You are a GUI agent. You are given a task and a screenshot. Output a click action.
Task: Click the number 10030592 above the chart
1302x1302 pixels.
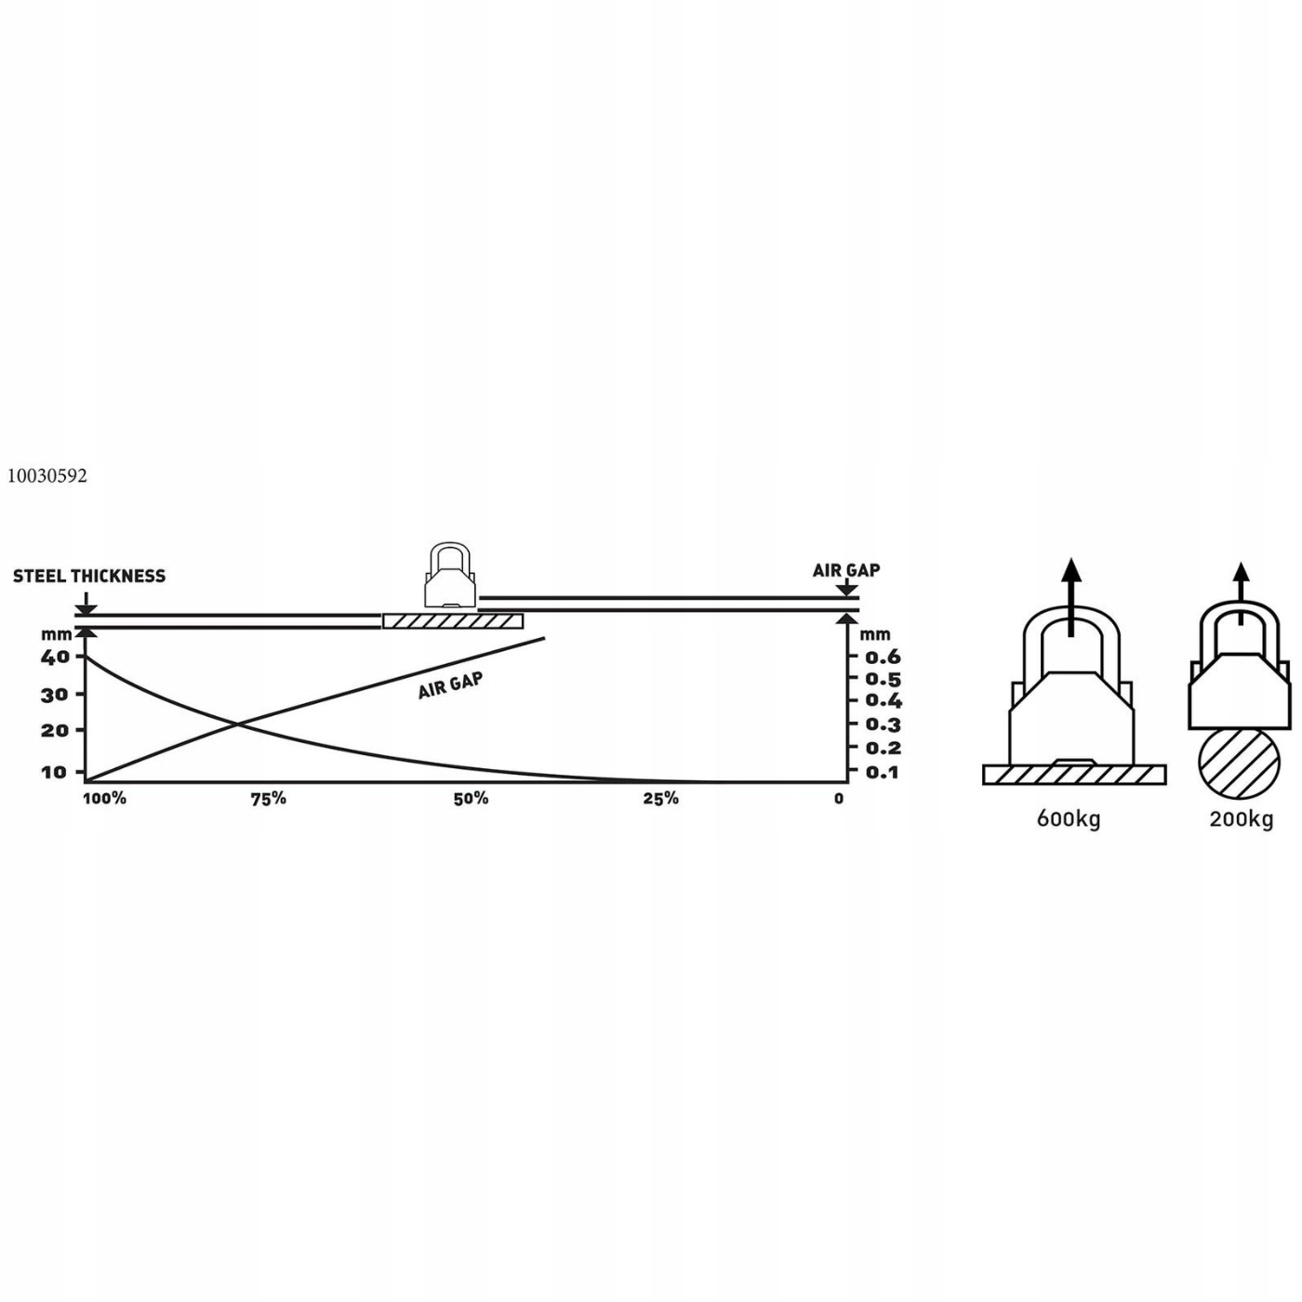coord(47,476)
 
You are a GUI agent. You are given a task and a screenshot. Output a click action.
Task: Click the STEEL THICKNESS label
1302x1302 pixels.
coord(89,577)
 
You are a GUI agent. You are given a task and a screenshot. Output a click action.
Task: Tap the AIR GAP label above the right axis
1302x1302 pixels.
coord(845,570)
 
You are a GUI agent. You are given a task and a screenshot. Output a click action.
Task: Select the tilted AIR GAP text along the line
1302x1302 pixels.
coord(450,685)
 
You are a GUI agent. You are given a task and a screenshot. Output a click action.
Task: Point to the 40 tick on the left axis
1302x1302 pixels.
coord(55,657)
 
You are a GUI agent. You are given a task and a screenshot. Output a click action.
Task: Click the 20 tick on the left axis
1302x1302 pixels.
coord(55,731)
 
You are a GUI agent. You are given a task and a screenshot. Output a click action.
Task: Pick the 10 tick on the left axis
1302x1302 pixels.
coord(55,772)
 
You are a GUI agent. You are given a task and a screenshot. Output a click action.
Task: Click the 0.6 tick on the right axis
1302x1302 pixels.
coord(883,658)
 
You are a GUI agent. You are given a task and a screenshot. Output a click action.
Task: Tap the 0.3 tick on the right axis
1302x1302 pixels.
coord(883,724)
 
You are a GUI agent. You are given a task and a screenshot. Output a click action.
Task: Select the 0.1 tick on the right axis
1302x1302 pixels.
coord(883,772)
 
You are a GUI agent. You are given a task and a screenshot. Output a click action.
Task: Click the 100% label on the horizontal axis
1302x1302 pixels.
coord(104,799)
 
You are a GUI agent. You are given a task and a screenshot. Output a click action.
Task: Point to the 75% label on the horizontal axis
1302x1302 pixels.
coord(269,799)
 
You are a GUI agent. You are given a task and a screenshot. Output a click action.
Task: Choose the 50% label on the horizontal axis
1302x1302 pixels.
coord(471,799)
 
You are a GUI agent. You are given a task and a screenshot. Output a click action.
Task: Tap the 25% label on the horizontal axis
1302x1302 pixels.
coord(660,799)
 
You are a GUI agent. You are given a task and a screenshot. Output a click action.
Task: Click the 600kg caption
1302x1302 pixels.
coord(1069,819)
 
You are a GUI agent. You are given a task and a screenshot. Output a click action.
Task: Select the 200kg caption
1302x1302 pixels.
coord(1241,819)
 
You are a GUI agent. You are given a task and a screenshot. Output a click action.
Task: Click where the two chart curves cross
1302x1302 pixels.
coord(237,724)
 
